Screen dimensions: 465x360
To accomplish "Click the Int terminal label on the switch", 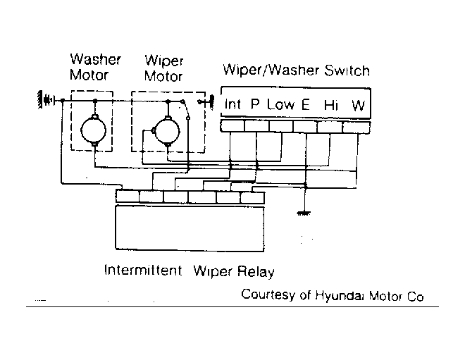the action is pyautogui.click(x=232, y=104).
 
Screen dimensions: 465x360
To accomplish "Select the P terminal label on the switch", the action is pyautogui.click(x=255, y=104).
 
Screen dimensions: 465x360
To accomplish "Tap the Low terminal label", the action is pyautogui.click(x=281, y=104).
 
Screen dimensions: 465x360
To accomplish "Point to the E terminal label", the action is pyautogui.click(x=306, y=104).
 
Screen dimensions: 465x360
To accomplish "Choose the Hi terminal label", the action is pyautogui.click(x=330, y=105).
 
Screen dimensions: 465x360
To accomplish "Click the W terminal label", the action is pyautogui.click(x=358, y=105).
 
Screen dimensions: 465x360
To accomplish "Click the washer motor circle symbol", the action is pyautogui.click(x=94, y=130).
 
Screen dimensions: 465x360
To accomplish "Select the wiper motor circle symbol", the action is pyautogui.click(x=167, y=131).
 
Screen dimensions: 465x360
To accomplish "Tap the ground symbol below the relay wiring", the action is pyautogui.click(x=304, y=213).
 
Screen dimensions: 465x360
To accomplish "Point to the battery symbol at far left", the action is pyautogui.click(x=46, y=100).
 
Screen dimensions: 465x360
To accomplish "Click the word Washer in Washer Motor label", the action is pyautogui.click(x=96, y=59).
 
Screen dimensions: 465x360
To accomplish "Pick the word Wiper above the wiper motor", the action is pyautogui.click(x=163, y=61).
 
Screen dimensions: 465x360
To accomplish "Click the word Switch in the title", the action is pyautogui.click(x=347, y=71).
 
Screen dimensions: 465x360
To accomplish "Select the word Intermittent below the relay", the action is pyautogui.click(x=143, y=270).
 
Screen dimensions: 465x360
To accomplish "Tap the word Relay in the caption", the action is pyautogui.click(x=256, y=272).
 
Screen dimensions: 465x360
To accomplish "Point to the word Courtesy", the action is pyautogui.click(x=268, y=294).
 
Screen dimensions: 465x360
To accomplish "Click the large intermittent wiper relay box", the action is pyautogui.click(x=190, y=228).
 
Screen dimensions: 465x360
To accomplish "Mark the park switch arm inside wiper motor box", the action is pyautogui.click(x=185, y=110).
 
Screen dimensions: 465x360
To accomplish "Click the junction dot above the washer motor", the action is pyautogui.click(x=95, y=101).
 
